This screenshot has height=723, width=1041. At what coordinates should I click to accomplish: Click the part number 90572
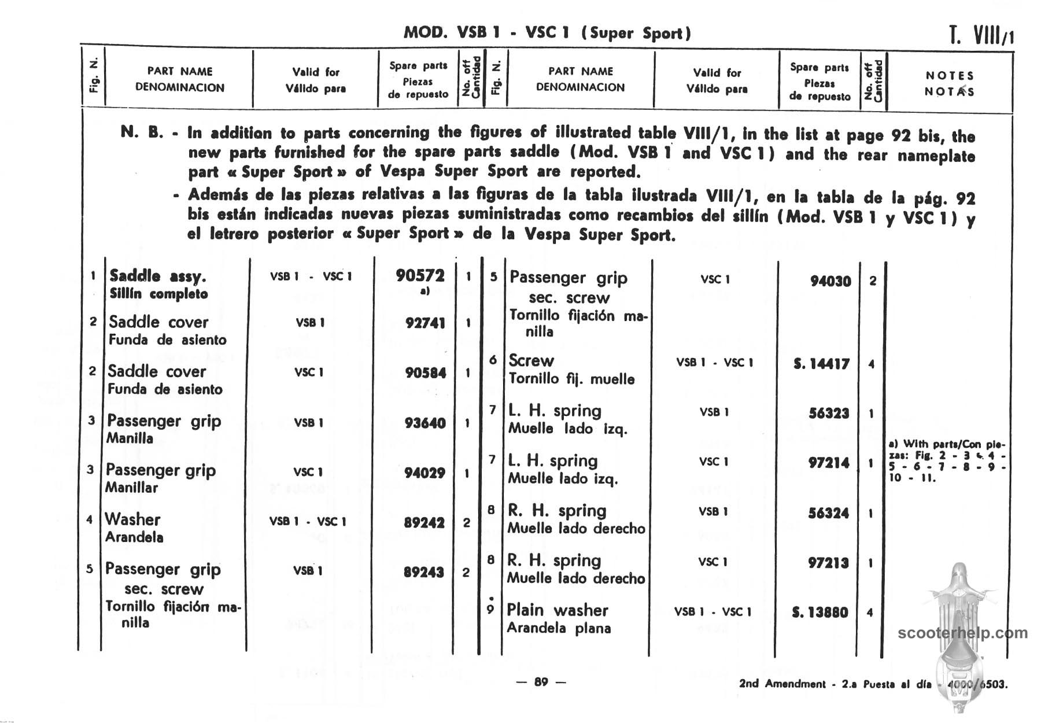tap(420, 276)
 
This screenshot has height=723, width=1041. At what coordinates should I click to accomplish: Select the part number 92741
tap(425, 323)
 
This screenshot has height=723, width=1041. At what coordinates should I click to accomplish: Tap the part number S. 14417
tap(821, 364)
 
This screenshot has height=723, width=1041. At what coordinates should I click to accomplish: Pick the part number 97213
tap(828, 563)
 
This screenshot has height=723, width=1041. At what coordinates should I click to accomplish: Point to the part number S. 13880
tap(819, 612)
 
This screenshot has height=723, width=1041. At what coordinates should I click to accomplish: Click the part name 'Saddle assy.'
tap(157, 276)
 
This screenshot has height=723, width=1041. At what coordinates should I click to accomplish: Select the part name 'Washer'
tap(132, 519)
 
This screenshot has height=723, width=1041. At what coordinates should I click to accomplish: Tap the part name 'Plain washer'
tap(557, 610)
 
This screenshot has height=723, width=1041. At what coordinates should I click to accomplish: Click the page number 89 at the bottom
tap(541, 682)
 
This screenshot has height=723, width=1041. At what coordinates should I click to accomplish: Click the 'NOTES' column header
tap(950, 76)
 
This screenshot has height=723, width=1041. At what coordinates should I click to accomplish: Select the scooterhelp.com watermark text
tap(962, 633)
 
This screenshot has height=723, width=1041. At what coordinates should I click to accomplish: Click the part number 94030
tap(830, 281)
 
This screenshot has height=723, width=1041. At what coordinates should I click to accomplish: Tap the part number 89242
tap(424, 523)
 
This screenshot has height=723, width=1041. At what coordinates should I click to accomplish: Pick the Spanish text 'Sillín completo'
tap(158, 294)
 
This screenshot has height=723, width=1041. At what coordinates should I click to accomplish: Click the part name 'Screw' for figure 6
tap(531, 360)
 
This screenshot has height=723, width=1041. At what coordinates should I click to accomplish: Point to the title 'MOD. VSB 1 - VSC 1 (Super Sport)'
tap(547, 33)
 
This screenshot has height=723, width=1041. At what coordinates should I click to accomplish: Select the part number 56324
tap(828, 513)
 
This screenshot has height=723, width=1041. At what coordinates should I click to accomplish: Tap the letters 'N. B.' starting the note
tap(142, 132)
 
